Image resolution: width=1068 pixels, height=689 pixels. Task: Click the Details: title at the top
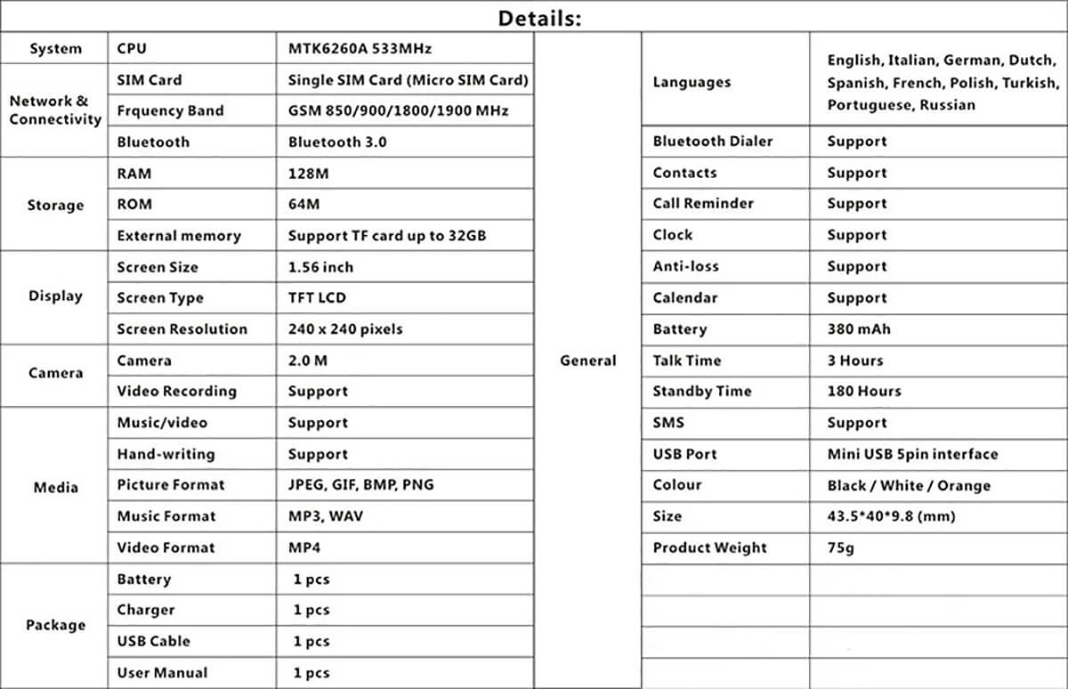click(x=539, y=18)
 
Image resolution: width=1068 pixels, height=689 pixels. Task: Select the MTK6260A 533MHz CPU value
click(x=360, y=48)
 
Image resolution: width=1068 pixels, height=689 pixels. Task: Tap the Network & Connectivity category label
click(x=55, y=110)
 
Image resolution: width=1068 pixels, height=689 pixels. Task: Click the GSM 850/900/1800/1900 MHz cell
click(x=399, y=110)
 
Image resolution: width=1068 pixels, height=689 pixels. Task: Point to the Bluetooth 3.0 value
click(x=337, y=142)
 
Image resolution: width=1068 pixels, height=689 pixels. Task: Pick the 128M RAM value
click(x=308, y=173)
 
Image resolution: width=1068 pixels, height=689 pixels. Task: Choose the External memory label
click(x=179, y=236)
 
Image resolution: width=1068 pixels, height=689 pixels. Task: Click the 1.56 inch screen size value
click(x=320, y=267)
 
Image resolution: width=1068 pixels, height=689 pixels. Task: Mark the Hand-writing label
click(x=166, y=454)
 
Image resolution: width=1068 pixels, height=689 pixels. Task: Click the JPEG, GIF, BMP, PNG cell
click(x=361, y=485)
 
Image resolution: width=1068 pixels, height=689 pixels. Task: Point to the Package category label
click(x=55, y=625)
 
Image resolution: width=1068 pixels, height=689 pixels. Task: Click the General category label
click(x=587, y=361)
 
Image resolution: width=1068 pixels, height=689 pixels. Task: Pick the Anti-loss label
click(x=685, y=266)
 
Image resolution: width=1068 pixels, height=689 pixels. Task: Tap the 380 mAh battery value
click(x=858, y=329)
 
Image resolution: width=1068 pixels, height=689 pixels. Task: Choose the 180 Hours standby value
click(x=863, y=391)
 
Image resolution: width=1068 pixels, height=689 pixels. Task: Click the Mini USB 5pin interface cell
click(x=912, y=454)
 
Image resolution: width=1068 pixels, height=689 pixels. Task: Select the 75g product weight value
click(x=840, y=547)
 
